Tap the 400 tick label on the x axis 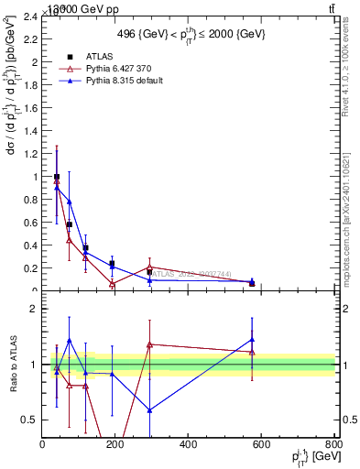188,444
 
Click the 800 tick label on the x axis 333,444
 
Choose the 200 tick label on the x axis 115,444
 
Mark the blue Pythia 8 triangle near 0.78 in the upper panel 69,202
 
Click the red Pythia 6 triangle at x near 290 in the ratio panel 149,344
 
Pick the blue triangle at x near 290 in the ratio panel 149,410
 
